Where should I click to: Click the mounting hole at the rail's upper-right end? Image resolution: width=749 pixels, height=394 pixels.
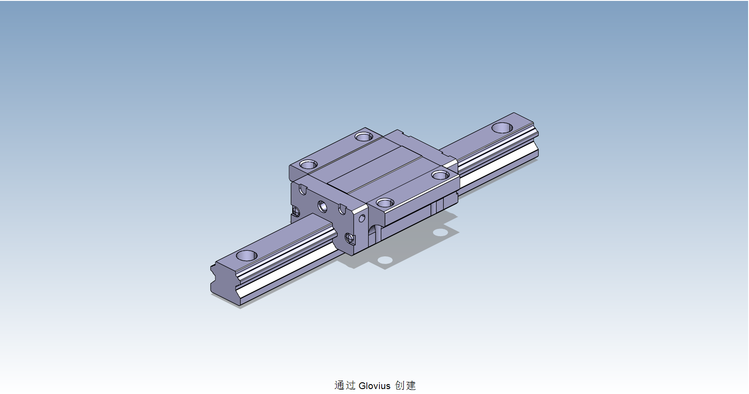pos(502,128)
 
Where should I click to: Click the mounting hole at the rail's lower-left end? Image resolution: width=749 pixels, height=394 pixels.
pos(247,255)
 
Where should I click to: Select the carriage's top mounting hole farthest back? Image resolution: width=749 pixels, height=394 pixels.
pos(363,136)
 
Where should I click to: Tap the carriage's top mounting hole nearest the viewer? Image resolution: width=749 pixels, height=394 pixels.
pos(385,203)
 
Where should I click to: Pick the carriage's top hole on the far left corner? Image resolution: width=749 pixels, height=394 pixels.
pos(308,165)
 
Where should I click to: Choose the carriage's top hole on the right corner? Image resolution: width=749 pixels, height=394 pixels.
pos(440,175)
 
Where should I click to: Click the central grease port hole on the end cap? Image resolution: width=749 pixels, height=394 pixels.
pos(322,206)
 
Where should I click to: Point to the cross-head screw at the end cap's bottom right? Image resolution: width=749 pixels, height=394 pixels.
pos(350,238)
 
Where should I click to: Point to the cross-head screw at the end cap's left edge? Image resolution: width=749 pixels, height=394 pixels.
pos(295,210)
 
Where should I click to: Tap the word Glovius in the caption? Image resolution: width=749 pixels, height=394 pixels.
pos(374,385)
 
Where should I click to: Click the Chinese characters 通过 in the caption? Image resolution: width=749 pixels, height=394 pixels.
pos(345,385)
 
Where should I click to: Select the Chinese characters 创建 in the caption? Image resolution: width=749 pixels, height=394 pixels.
pos(405,385)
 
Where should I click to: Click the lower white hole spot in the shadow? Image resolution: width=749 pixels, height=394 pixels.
pos(385,260)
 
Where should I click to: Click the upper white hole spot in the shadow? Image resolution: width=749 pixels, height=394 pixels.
pos(440,232)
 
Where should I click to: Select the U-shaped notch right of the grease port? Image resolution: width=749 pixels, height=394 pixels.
pos(342,210)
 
